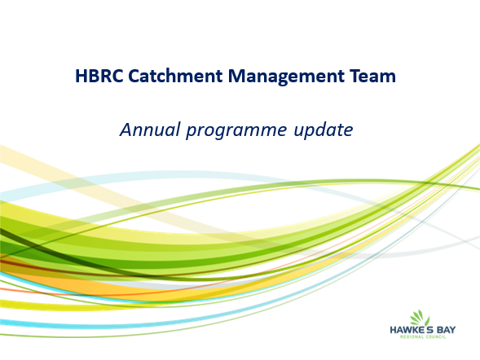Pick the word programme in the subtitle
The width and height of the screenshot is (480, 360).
pos(236,131)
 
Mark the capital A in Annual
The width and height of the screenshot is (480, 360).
pos(126,130)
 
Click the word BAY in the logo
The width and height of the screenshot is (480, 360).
pos(446,330)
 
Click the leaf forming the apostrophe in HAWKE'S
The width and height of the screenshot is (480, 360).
pos(427,322)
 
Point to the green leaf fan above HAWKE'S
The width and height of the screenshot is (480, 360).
pos(417,317)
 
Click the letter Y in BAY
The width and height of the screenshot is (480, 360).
pos(452,330)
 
